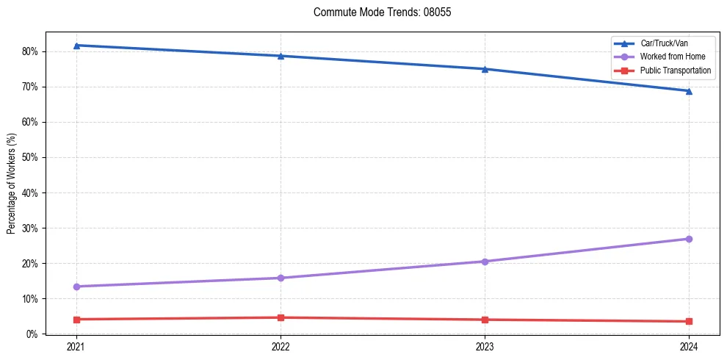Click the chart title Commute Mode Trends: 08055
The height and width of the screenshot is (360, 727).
click(377, 12)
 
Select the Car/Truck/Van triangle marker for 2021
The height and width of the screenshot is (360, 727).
click(76, 46)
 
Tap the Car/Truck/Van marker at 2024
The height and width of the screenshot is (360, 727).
click(689, 91)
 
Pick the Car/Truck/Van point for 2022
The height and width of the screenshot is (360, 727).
click(281, 56)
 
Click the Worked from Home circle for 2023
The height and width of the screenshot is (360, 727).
click(485, 262)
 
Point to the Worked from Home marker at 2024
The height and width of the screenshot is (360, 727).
click(689, 239)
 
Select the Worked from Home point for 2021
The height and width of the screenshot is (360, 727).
click(76, 287)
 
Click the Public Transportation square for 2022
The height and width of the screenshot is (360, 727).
click(281, 317)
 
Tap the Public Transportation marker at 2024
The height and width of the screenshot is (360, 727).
click(689, 321)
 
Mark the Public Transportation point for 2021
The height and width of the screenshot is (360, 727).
click(76, 320)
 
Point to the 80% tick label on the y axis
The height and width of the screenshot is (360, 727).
click(32, 51)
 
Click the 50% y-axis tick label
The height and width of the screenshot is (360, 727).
click(32, 157)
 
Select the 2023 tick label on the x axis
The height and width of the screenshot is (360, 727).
click(485, 346)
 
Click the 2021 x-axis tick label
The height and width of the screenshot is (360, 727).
click(76, 346)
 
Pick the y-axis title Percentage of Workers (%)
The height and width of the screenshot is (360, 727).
click(11, 183)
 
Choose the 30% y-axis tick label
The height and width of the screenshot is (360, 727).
click(32, 228)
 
